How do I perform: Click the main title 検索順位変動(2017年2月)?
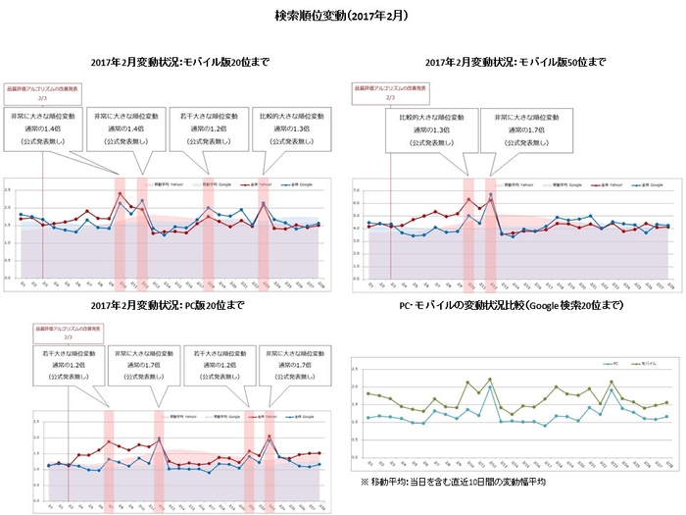click(343, 17)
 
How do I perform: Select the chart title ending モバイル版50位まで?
click(515, 62)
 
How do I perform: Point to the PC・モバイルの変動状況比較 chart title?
click(515, 306)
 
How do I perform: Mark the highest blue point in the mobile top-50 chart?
click(490, 194)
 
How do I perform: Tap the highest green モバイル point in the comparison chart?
click(490, 379)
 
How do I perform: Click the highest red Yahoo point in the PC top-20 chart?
click(269, 437)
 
